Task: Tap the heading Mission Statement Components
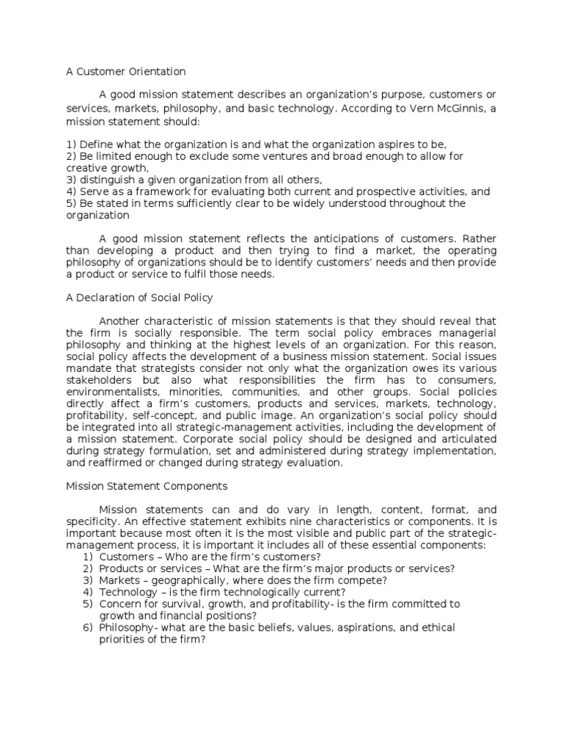coord(147,486)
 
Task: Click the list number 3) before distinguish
coord(71,180)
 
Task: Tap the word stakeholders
coord(99,381)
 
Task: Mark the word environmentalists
coord(113,392)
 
